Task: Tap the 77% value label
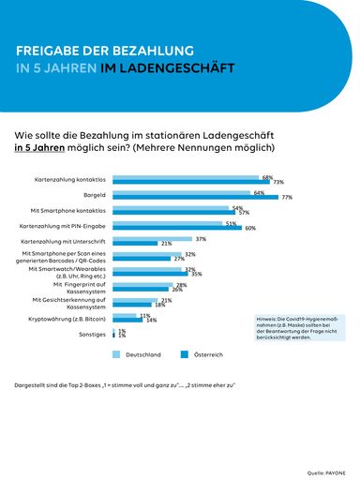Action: [x=287, y=198]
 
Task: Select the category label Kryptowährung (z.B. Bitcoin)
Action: [x=67, y=319]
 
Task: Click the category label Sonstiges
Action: [x=92, y=334]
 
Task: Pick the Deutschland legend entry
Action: [x=138, y=355]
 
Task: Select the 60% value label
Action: [x=250, y=228]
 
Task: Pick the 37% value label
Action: [x=201, y=238]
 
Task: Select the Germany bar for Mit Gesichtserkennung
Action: [x=136, y=300]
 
